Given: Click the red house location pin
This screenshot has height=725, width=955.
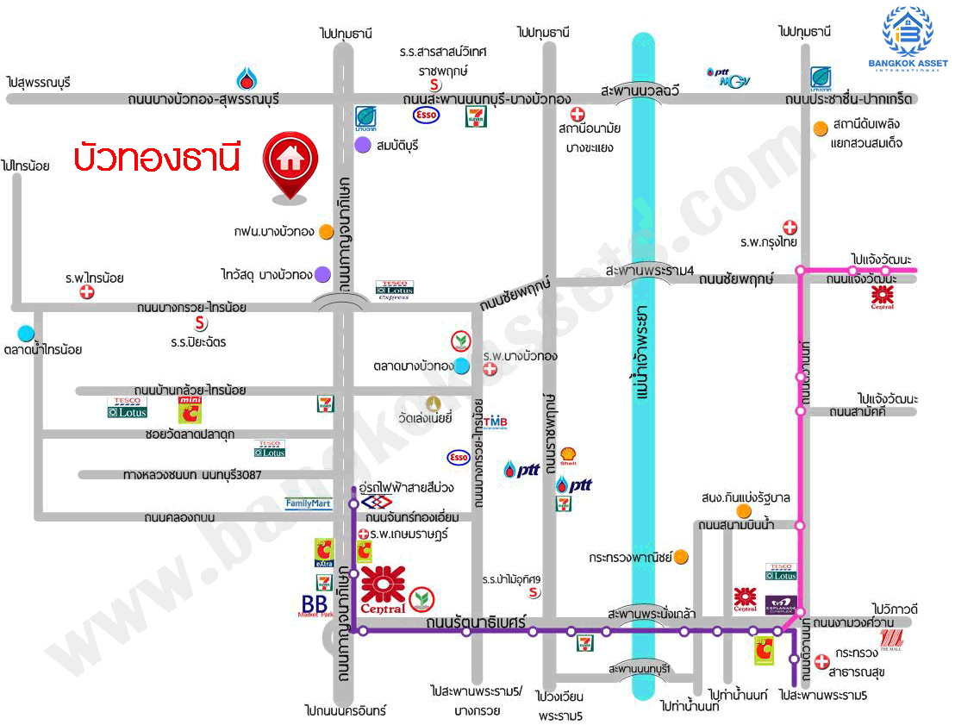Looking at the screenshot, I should [290, 165].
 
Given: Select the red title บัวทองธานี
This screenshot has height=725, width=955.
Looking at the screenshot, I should [156, 158].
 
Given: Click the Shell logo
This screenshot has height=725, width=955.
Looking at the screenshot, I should [568, 453].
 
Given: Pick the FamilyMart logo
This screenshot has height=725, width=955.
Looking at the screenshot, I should [309, 503].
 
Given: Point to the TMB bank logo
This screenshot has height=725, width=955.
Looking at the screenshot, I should [495, 422].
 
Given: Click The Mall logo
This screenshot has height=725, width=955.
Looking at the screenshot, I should [890, 639].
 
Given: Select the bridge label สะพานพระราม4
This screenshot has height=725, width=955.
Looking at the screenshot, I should [650, 271].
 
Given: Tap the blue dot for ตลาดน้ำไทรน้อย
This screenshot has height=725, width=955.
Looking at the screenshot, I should [26, 333].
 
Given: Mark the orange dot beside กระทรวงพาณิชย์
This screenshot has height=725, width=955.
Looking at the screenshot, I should [681, 556].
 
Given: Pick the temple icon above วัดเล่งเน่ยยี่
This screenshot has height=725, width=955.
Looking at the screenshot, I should [433, 403].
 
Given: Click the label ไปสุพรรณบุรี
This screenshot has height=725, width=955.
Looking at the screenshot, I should [39, 82].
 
